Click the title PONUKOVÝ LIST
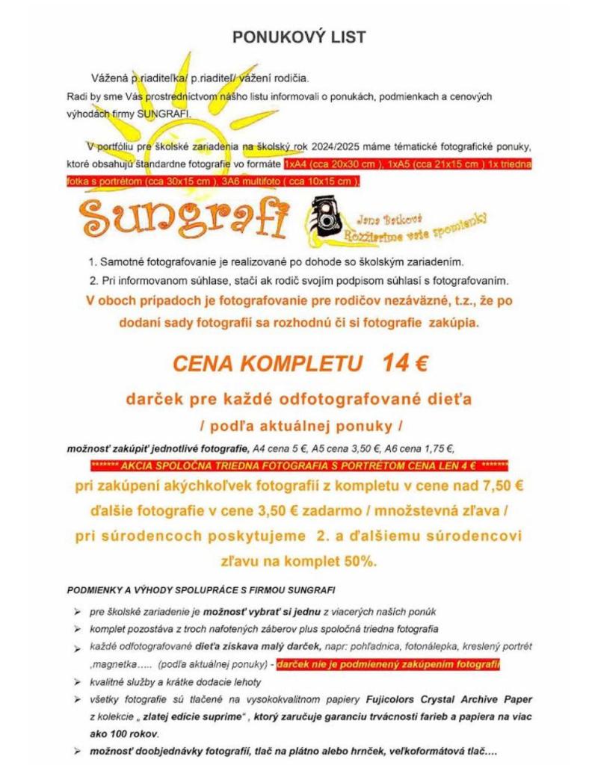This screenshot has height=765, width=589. click(298, 37)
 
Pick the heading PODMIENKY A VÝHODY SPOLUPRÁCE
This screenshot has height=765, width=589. click(201, 590)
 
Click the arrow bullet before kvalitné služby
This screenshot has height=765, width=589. click(78, 682)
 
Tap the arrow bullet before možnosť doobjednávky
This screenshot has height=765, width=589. click(78, 750)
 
